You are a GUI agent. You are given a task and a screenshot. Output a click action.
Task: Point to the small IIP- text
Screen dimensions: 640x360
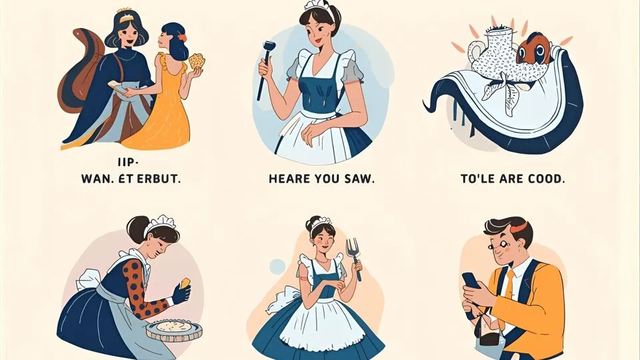[128, 163]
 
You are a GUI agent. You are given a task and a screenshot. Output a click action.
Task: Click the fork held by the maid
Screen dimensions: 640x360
[353, 257]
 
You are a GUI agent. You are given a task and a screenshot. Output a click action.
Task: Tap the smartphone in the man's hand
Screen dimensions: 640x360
[471, 281]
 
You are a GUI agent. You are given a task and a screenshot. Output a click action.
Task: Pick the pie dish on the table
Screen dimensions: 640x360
[174, 329]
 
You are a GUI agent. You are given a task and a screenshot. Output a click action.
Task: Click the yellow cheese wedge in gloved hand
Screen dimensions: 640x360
[186, 283]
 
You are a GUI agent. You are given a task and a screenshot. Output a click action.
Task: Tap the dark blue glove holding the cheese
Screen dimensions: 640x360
[181, 293]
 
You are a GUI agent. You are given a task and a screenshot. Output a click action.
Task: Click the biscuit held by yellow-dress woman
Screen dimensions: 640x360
[197, 61]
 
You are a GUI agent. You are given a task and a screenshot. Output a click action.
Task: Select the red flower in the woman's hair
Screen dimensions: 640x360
[181, 37]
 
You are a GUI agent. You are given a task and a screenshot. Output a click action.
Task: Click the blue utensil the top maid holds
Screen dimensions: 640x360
[264, 69]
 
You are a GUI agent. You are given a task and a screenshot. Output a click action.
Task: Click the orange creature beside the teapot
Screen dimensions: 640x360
[534, 48]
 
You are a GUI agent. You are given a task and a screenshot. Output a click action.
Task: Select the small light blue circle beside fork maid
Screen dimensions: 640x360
[277, 267]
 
